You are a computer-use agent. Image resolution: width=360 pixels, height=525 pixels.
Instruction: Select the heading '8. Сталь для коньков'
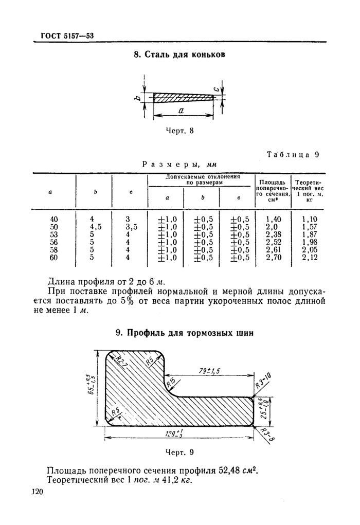point(179,55)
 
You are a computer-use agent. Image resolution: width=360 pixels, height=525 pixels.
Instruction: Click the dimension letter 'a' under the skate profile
point(182,111)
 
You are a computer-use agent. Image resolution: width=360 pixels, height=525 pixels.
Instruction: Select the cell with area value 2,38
point(273,234)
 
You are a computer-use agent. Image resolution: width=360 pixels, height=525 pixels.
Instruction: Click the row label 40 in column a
point(53,219)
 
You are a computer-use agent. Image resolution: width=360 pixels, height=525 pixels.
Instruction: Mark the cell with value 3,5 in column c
point(131,227)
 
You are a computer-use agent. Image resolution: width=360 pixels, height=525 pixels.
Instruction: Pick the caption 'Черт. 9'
point(179,453)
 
